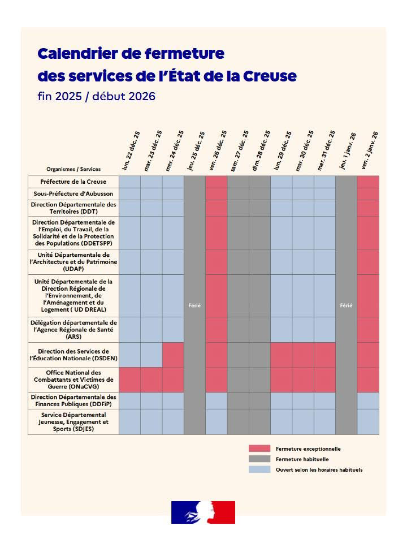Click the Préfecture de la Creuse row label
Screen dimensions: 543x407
(x=73, y=182)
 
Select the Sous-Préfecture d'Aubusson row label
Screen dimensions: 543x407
(x=73, y=193)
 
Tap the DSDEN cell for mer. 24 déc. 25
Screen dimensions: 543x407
(x=173, y=355)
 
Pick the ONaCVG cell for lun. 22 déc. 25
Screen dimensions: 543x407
(x=130, y=380)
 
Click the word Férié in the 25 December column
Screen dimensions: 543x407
(x=194, y=305)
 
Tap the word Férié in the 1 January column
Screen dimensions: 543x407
(x=346, y=305)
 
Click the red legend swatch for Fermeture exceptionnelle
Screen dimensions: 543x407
(x=259, y=449)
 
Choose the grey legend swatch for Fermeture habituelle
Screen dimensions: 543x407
(x=259, y=459)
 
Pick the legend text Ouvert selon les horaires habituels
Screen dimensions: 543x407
(x=319, y=469)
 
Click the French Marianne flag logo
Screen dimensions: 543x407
(x=203, y=512)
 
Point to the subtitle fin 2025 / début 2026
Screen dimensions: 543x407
(x=96, y=96)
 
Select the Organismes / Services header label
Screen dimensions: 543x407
(x=73, y=169)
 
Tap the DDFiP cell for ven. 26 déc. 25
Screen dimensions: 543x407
(x=216, y=400)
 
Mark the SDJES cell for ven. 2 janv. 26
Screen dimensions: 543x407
(x=368, y=421)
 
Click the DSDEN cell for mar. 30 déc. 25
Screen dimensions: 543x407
(x=303, y=355)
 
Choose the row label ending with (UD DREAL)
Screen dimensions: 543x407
(x=73, y=295)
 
